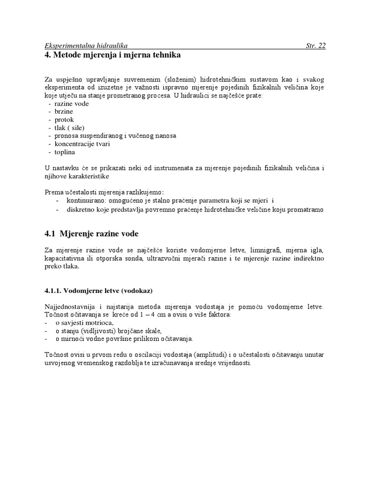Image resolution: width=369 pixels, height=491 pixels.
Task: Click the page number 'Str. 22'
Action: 315,46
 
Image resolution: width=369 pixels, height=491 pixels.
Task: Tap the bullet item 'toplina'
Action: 65,152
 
